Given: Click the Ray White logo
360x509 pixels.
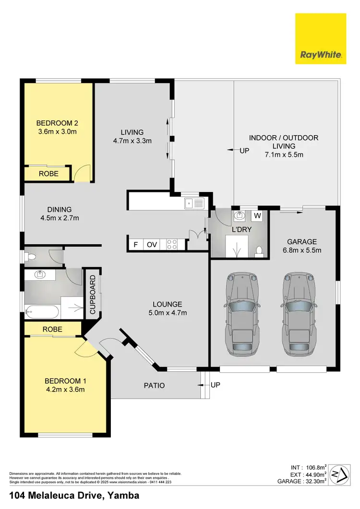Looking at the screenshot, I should (x=320, y=38).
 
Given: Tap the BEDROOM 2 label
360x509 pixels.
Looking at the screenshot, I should (x=57, y=122).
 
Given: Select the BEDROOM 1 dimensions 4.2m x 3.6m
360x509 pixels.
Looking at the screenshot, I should (x=64, y=389).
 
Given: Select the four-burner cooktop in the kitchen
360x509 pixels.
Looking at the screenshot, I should (x=172, y=244).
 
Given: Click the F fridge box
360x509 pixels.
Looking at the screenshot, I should (x=136, y=245).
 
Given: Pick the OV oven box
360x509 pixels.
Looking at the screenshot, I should (x=152, y=245).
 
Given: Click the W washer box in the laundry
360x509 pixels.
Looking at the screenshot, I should (x=257, y=216).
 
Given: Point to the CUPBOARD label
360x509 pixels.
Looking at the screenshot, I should (x=92, y=295).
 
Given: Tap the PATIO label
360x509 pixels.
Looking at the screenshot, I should (x=155, y=385).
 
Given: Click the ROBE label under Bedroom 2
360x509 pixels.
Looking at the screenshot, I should (x=49, y=174).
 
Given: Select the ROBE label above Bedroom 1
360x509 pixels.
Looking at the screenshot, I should (x=52, y=330).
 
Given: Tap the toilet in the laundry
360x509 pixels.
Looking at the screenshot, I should (x=259, y=250).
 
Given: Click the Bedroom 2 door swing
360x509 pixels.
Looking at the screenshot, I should (x=83, y=173).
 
